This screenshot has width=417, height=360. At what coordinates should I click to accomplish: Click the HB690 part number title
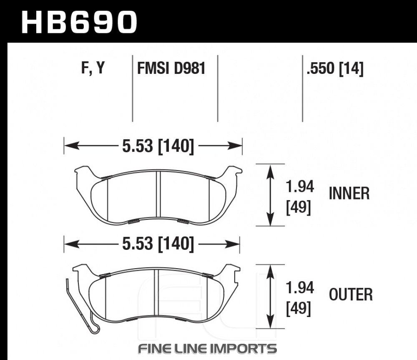point(79,23)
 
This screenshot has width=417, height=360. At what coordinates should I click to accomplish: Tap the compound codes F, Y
point(93,68)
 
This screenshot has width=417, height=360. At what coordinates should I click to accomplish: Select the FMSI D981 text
point(171,68)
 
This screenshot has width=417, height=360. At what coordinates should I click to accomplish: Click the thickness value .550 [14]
point(335,68)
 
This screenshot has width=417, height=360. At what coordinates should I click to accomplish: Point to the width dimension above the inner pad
point(158,146)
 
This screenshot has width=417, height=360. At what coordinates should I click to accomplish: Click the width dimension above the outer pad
point(158,244)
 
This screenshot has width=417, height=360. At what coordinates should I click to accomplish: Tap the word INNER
point(349,194)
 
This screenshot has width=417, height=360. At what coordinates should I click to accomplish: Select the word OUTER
point(351,295)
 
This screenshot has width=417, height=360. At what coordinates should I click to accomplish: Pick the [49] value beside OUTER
point(299,309)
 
